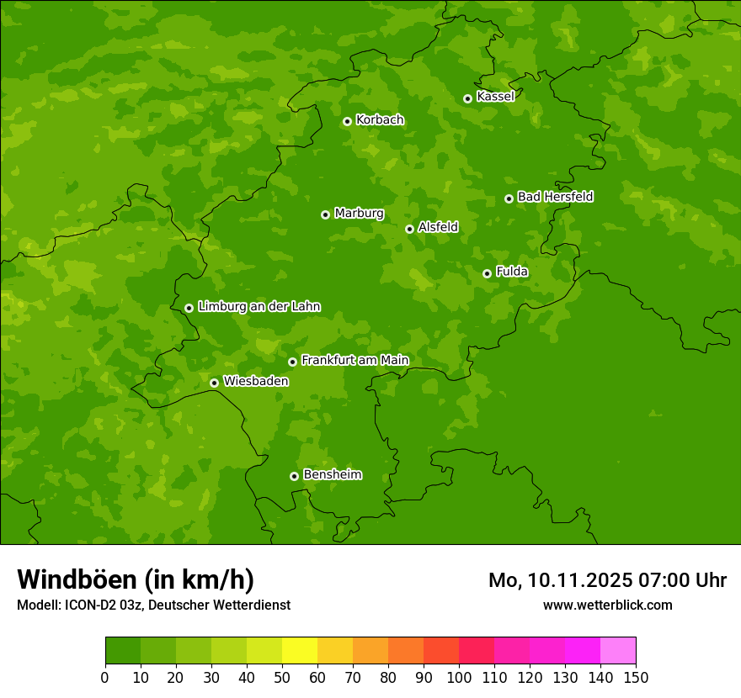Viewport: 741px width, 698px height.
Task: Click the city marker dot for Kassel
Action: point(467,98)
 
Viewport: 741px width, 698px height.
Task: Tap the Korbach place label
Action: point(380,120)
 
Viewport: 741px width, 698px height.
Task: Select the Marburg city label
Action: point(359,214)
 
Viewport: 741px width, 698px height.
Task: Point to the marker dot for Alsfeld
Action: point(409,229)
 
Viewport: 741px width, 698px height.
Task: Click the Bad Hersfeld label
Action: point(555,197)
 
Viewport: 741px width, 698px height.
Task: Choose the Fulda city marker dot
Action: point(487,273)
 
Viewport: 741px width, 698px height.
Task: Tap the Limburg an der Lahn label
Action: point(259,307)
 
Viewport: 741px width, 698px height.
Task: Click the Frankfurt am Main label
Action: point(355,361)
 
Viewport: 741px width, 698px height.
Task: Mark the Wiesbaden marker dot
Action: point(214,383)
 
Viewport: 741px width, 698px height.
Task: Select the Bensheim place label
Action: point(332,475)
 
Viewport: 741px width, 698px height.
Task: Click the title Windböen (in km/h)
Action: point(135,579)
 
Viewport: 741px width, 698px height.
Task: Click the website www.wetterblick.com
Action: point(607,605)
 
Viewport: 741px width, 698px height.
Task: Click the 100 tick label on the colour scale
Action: point(459,677)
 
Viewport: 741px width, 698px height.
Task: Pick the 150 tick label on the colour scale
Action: point(636,677)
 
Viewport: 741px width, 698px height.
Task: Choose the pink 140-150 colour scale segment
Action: point(618,650)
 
